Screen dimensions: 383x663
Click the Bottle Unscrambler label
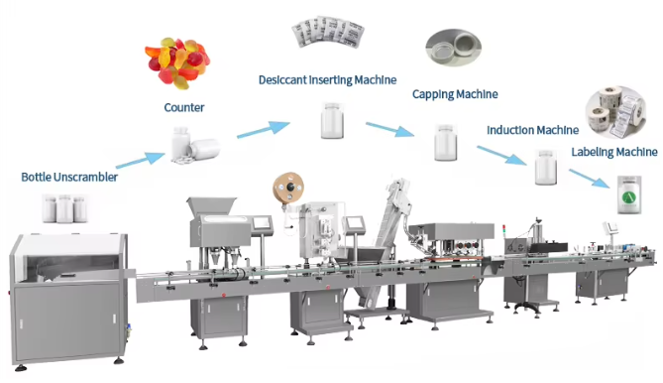click(x=69, y=178)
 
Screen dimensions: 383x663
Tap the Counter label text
click(x=185, y=107)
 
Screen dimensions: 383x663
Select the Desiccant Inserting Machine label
click(x=327, y=79)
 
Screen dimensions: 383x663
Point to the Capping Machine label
click(x=455, y=94)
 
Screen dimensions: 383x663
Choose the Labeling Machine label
click(x=614, y=152)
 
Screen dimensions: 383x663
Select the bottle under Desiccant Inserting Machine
click(x=330, y=122)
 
